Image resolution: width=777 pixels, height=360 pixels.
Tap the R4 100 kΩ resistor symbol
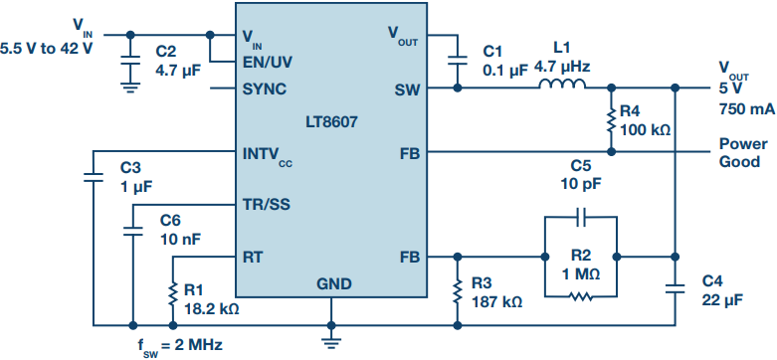click(x=611, y=119)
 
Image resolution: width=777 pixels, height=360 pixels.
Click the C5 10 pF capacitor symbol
click(x=581, y=217)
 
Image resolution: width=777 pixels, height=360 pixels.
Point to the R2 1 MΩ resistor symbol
click(x=581, y=297)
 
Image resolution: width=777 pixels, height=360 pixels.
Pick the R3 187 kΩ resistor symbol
click(x=458, y=290)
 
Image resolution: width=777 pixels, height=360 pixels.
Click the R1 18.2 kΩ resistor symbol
click(x=172, y=292)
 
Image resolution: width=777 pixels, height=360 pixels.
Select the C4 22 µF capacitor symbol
click(x=675, y=289)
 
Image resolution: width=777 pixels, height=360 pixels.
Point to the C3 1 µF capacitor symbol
click(x=93, y=177)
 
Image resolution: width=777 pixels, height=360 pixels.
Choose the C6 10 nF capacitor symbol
click(x=132, y=231)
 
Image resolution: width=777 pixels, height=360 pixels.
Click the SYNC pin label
click(x=264, y=90)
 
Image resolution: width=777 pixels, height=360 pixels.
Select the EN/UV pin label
click(x=267, y=62)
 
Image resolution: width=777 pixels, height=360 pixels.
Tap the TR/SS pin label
click(x=267, y=205)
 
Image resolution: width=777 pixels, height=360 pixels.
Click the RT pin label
click(x=253, y=257)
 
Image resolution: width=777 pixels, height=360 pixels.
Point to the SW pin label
click(x=407, y=90)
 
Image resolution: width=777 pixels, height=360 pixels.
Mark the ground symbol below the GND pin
click(x=331, y=341)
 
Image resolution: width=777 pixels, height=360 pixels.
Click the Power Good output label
click(x=743, y=153)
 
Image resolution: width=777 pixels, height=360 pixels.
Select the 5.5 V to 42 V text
click(x=46, y=50)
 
